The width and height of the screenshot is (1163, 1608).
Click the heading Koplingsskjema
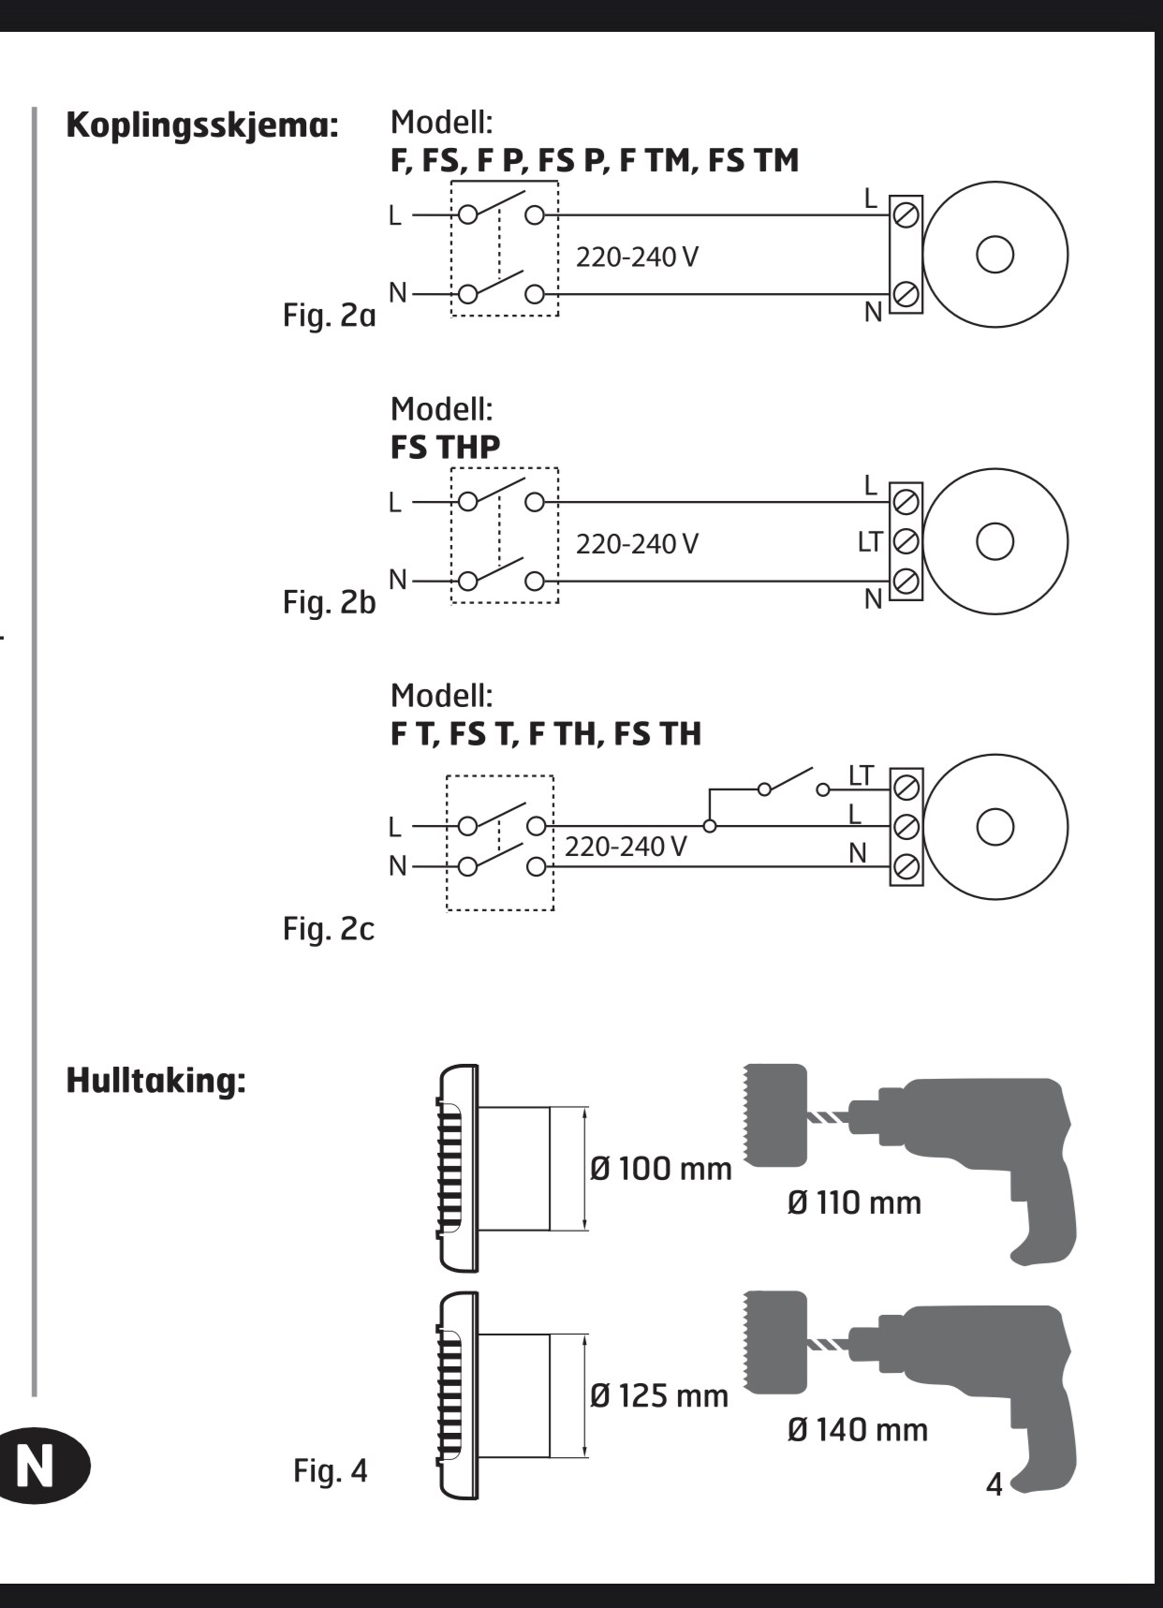pyautogui.click(x=202, y=125)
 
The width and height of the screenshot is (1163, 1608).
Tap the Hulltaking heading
pyautogui.click(x=155, y=1081)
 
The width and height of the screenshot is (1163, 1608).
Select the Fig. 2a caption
pyautogui.click(x=329, y=315)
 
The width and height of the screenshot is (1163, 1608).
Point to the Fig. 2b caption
pyautogui.click(x=329, y=602)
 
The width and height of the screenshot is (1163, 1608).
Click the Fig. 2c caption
pyautogui.click(x=329, y=929)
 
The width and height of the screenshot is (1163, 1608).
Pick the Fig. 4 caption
pyautogui.click(x=331, y=1470)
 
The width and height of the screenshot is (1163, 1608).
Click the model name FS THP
pyautogui.click(x=445, y=448)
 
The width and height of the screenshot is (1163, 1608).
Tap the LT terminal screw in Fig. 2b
pyautogui.click(x=905, y=541)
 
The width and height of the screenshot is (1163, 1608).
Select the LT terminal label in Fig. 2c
pyautogui.click(x=861, y=776)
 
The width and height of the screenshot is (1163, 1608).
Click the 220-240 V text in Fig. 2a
pyautogui.click(x=637, y=257)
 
